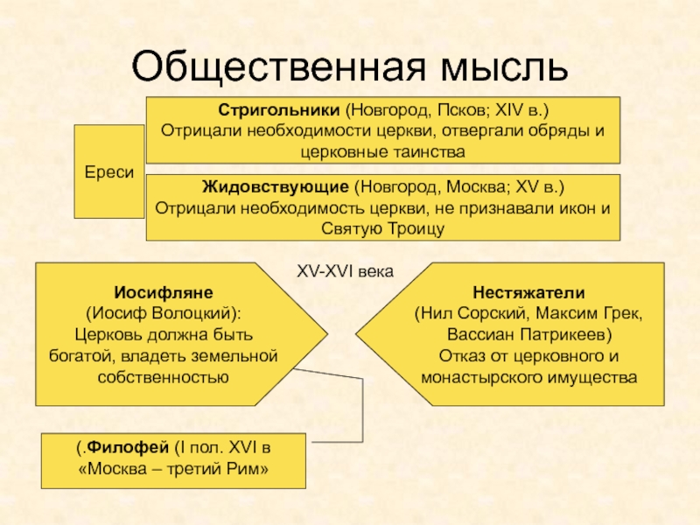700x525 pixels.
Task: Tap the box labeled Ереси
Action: [x=109, y=172]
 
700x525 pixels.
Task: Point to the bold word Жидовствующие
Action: [x=276, y=187]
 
